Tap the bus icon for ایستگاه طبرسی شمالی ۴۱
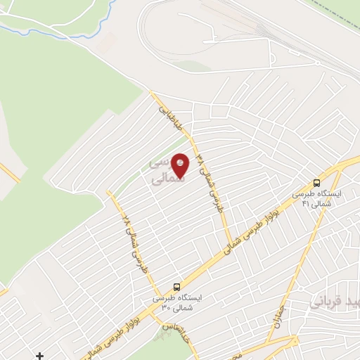(317, 182)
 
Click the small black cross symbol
(40, 356)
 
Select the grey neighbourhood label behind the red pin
(166, 171)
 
